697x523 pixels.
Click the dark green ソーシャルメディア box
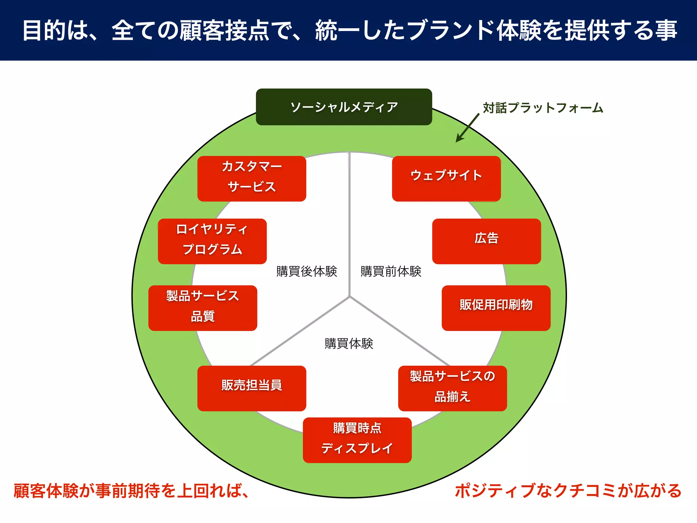pos(344,107)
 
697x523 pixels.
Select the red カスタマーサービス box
pos(252,178)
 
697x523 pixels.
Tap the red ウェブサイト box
pos(446,178)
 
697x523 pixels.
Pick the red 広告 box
pos(486,241)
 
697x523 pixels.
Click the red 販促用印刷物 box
pos(496,308)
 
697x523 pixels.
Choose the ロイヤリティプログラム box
pos(212,241)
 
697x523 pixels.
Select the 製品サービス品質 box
pos(202,308)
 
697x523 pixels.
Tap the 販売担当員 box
pos(252,388)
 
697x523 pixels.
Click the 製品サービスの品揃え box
pos(452,388)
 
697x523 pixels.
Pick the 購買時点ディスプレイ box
pos(357,440)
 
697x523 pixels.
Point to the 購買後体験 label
pos(307,271)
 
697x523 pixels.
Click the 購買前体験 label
pos(391,271)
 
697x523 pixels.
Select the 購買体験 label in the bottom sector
pos(349,344)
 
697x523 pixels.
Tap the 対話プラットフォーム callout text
pos(543,108)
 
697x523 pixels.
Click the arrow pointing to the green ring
pos(468,128)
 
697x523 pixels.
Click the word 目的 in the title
pos(44,30)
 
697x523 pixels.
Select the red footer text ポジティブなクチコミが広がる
pos(568,491)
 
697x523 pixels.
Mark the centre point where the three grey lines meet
pos(350,297)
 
